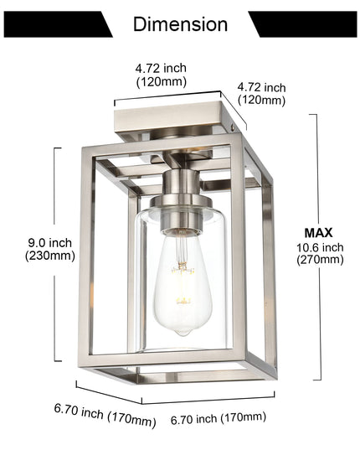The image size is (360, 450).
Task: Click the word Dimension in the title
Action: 180,24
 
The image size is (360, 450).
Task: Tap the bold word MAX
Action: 318,233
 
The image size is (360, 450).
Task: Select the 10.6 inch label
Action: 320,247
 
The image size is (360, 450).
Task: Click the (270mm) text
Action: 320,260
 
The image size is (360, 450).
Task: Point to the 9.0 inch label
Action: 50,243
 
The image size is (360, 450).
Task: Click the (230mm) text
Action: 50,256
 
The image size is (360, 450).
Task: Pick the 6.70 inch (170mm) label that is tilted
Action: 105,416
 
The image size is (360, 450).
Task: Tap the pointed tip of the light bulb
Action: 183,334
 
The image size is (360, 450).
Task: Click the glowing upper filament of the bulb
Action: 183,270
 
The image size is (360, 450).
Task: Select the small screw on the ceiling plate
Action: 233,127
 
